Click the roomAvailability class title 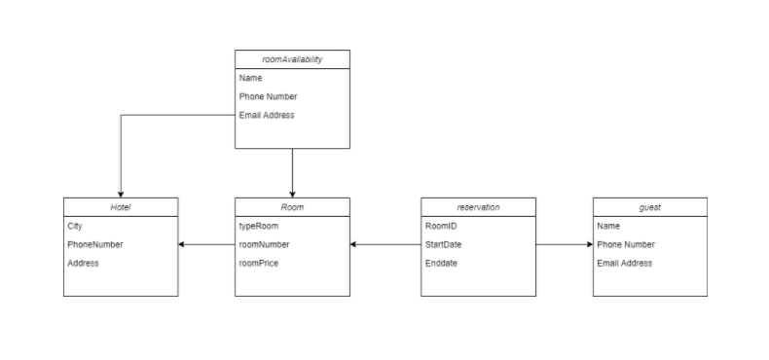tap(292, 59)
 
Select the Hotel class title tap(121, 206)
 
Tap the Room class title tap(292, 206)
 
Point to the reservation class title tap(478, 206)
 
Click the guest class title tap(649, 206)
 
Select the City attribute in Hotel tap(75, 226)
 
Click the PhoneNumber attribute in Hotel tap(95, 244)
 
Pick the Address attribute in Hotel tap(83, 263)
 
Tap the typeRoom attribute tap(259, 226)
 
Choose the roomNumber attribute tap(264, 244)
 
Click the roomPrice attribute tap(259, 263)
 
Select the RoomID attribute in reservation tap(441, 226)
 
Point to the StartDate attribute tap(443, 244)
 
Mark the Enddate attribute tap(441, 263)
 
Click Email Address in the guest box tap(625, 263)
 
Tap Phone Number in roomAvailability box tap(268, 96)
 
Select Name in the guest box tap(608, 226)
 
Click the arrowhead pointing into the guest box tap(588, 244)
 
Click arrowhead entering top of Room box tap(292, 193)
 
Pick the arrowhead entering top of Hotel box tap(121, 193)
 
